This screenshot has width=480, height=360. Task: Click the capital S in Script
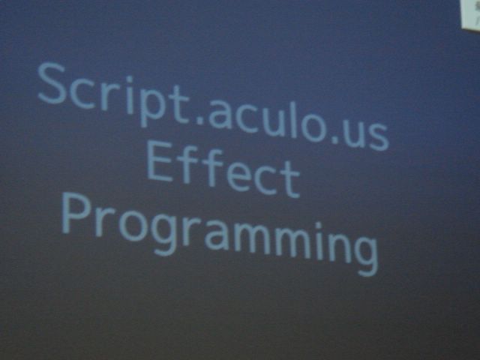52,83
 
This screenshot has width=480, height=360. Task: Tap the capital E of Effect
160,162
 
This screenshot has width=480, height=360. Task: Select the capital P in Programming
76,213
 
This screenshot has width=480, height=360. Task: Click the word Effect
223,170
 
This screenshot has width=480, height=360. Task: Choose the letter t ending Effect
290,178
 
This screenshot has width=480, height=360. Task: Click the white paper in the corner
471,14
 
